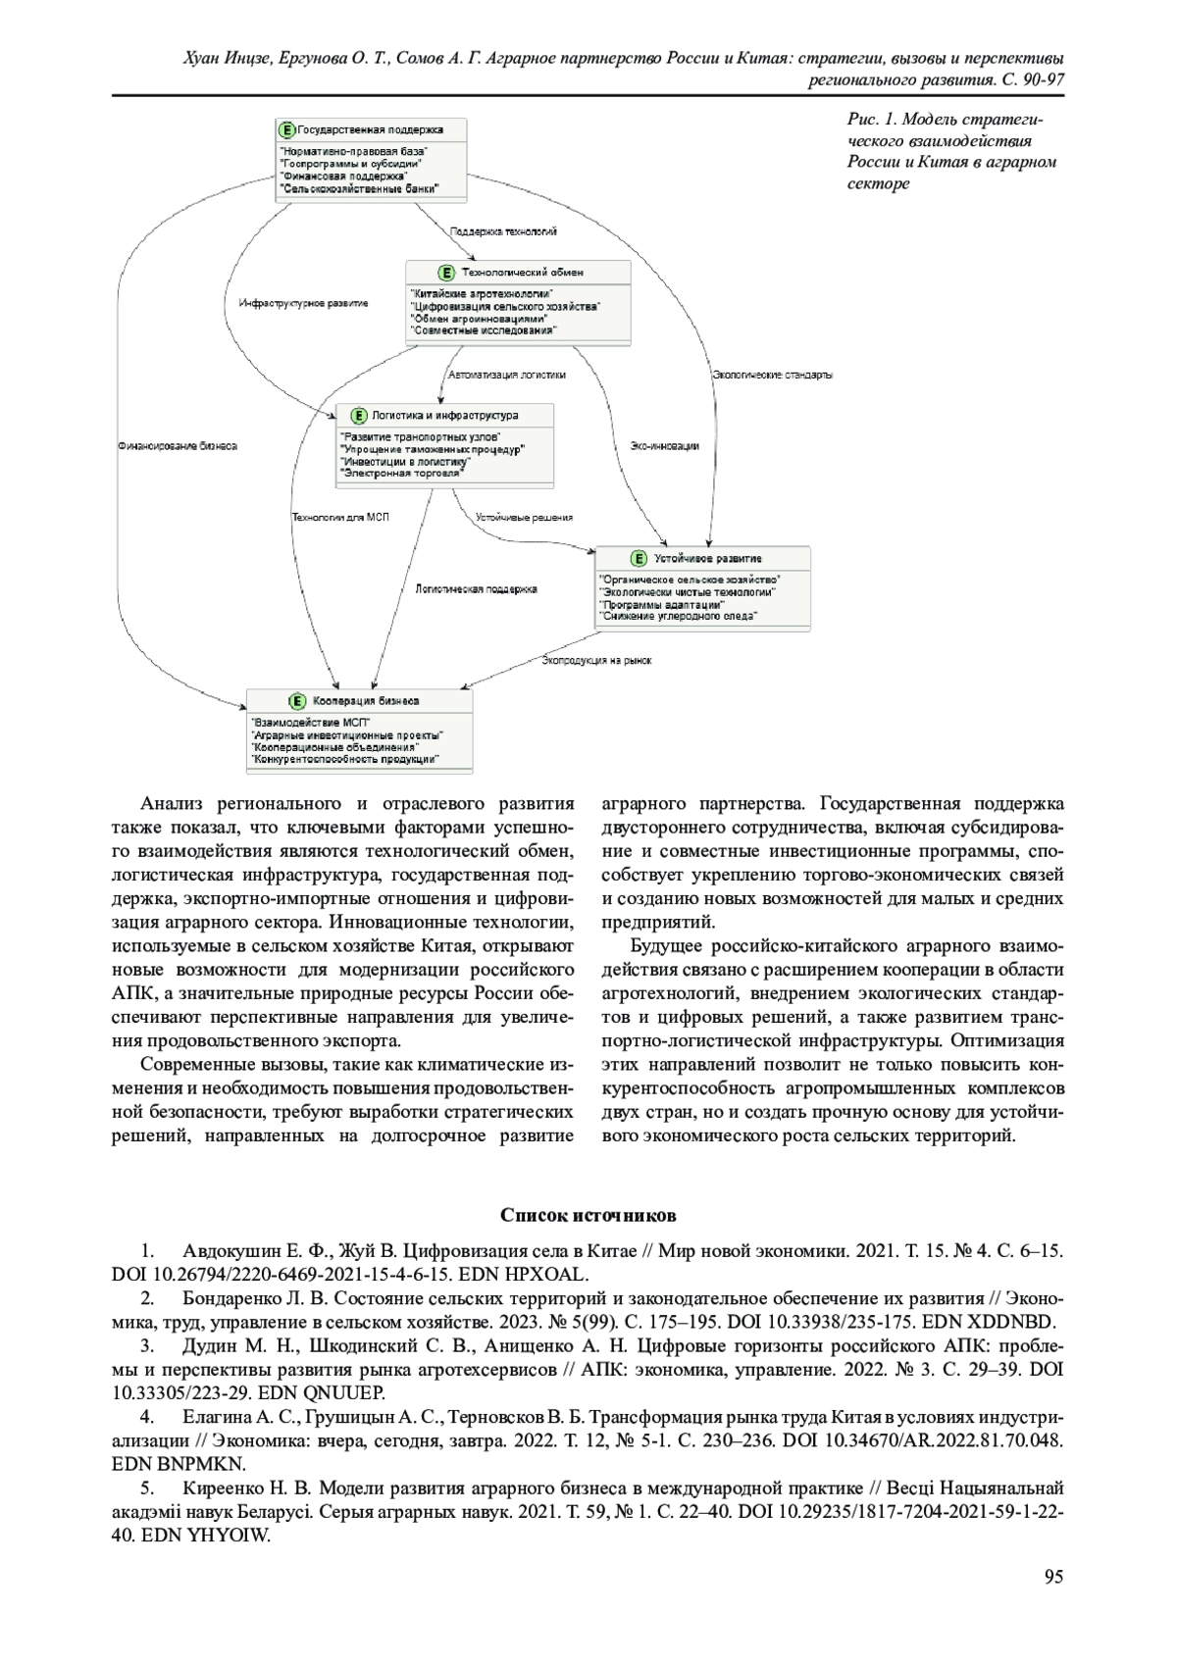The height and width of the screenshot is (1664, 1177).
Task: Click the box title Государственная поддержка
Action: coord(370,129)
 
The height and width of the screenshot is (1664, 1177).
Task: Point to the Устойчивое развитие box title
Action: coord(707,558)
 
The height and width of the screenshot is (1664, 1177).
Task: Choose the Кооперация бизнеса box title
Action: coord(366,701)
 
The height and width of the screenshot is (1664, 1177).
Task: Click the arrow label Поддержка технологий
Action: coord(503,232)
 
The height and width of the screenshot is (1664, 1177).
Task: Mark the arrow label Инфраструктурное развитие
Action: coord(304,304)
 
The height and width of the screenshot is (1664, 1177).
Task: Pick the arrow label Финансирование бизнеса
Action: coord(178,445)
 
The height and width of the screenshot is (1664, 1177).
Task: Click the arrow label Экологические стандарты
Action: coord(772,375)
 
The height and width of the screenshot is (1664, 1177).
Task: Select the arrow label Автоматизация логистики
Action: coord(506,375)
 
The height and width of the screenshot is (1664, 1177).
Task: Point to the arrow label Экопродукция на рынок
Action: coord(596,661)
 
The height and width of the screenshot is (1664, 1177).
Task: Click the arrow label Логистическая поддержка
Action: coord(476,589)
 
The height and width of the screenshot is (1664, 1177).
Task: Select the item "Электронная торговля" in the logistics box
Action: coord(400,472)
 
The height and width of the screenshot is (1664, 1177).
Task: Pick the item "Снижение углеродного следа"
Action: coord(678,616)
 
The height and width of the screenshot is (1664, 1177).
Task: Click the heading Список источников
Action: coord(588,1216)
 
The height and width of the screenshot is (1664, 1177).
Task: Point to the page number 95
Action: coord(1053,1577)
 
